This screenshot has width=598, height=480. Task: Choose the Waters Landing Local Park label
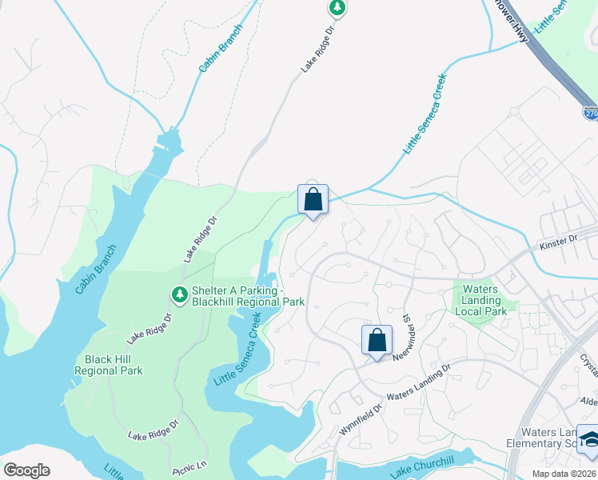[x=480, y=300]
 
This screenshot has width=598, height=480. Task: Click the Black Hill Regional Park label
[x=109, y=365]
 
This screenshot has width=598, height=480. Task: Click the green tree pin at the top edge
[x=337, y=7]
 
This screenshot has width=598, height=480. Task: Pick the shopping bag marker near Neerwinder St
[x=377, y=340]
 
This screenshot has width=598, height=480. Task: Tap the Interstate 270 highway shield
[x=590, y=114]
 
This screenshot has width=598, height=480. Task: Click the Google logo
[x=26, y=470]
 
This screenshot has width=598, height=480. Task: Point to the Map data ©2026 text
[x=564, y=474]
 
